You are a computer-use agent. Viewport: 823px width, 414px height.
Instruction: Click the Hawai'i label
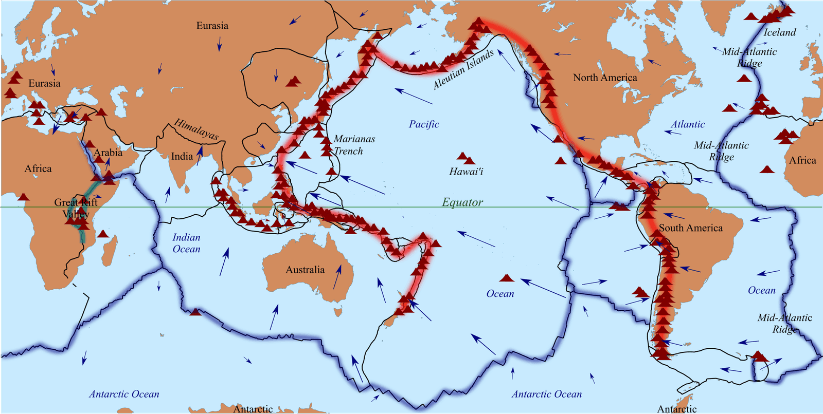tap(466, 172)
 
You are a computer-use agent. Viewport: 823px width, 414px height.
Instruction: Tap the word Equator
tap(462, 202)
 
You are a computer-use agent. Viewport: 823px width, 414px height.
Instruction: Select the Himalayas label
tap(196, 129)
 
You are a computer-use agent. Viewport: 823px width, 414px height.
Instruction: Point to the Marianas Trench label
tap(354, 145)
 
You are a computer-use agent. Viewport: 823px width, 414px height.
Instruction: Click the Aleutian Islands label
tap(463, 70)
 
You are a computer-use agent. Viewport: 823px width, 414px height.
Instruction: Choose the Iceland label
tap(779, 32)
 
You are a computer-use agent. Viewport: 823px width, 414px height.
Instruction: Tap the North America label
tap(605, 78)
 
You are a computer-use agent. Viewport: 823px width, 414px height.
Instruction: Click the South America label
tap(691, 228)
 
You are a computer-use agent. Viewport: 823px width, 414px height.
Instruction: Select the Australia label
tap(305, 270)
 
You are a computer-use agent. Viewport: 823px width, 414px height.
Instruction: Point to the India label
tap(182, 156)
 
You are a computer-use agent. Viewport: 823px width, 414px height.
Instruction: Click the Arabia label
tap(108, 152)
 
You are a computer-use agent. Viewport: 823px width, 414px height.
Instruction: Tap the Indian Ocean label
tap(186, 243)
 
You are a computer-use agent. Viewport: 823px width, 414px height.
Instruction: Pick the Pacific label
tap(424, 124)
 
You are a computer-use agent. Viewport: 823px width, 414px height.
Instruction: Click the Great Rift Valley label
tap(76, 208)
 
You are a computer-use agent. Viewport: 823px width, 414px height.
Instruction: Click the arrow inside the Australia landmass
tap(337, 277)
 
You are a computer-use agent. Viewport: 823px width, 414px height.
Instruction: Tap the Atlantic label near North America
tap(687, 124)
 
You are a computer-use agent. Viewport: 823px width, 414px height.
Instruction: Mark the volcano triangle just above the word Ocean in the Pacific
tap(507, 278)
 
